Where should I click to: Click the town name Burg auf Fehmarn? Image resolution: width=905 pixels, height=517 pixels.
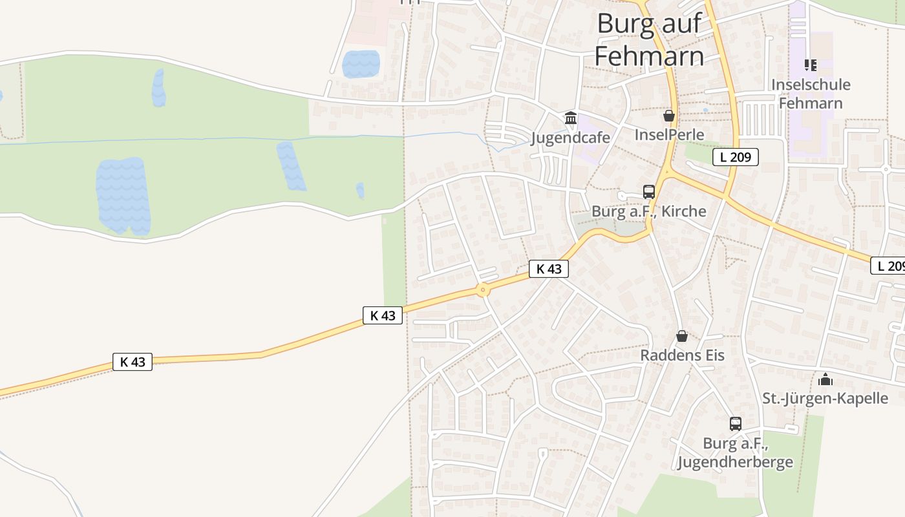point(649,40)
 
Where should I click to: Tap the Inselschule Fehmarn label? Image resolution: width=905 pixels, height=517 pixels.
point(811,94)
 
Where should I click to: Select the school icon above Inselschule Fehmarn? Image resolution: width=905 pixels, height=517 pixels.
point(811,65)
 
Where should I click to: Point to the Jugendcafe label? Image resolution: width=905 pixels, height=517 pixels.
point(571,138)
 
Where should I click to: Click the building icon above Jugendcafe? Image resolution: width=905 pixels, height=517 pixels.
point(571,118)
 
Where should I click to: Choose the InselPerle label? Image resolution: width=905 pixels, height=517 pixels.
point(669,134)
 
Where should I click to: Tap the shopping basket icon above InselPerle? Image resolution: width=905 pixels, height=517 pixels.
point(669,116)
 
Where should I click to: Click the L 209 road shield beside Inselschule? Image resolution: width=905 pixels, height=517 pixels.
point(736,157)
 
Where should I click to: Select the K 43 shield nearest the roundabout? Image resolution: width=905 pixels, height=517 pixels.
point(549,269)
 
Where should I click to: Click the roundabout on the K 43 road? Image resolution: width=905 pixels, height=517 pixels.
point(483,290)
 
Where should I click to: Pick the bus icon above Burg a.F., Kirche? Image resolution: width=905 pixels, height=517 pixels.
point(649,192)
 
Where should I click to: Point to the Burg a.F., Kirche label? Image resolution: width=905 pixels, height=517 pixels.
point(649,211)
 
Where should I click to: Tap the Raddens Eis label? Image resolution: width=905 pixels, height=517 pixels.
point(682,355)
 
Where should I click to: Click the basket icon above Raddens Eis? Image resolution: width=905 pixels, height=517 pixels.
point(682,336)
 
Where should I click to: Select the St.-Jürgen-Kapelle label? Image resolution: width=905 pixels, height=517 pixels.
point(825,398)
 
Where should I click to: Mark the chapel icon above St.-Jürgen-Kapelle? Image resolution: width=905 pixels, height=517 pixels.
point(825,379)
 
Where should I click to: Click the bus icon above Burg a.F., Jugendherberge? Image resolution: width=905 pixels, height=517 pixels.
point(736,424)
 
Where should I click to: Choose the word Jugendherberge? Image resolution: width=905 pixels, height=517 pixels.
point(736,462)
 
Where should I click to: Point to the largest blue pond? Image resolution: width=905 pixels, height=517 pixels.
point(123,195)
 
